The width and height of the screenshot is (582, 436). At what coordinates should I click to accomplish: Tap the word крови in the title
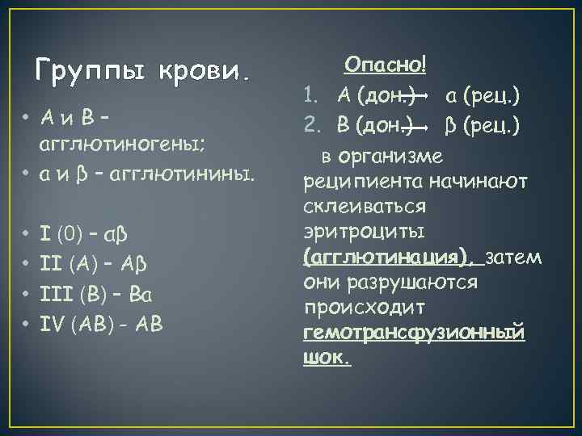(205, 73)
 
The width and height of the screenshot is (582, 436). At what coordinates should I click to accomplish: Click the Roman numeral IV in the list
(53, 324)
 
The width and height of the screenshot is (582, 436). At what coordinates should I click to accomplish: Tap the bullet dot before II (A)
(27, 264)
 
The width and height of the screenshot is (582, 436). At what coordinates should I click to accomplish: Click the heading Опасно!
(386, 65)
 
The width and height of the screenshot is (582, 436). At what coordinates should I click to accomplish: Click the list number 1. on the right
(312, 97)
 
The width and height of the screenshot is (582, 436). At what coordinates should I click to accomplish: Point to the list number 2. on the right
(313, 126)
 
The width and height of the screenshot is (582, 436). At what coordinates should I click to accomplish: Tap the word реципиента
(356, 182)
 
